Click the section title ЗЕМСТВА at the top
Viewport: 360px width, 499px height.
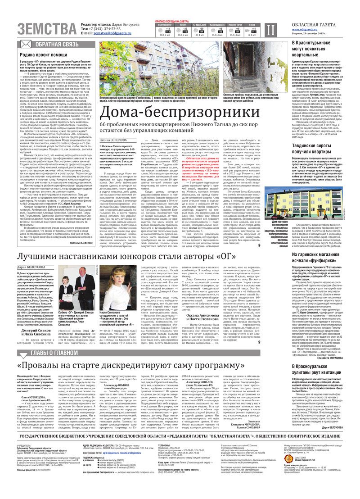[47, 29]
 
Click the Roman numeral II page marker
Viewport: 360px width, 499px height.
[269, 30]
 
